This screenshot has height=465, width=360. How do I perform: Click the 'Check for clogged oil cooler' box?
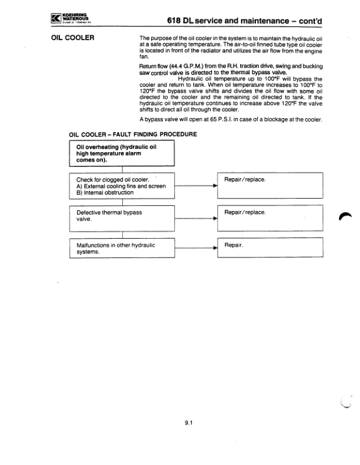(x=122, y=185)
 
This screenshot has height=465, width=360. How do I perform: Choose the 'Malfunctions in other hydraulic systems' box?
(x=122, y=248)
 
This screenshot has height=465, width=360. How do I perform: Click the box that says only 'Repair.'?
(x=271, y=248)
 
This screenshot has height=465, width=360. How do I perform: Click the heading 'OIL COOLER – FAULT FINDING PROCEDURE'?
(x=133, y=134)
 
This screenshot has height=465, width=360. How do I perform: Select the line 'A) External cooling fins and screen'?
(x=121, y=186)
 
